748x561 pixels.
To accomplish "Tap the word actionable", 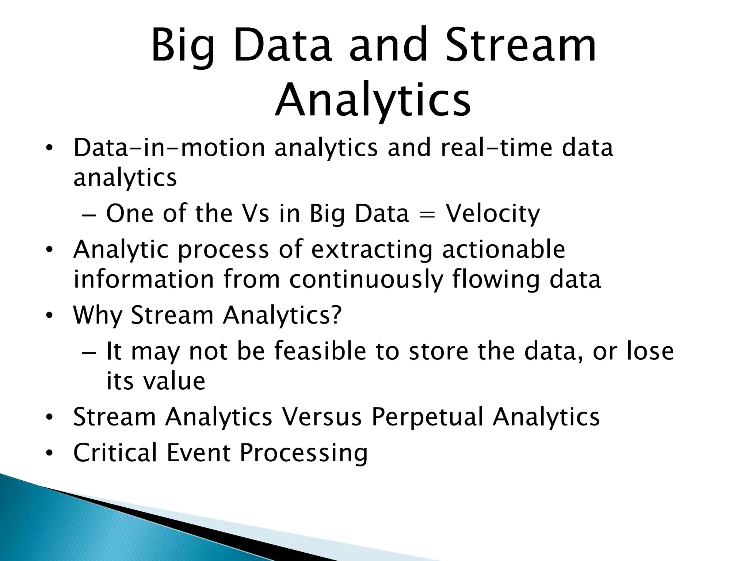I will [504, 249].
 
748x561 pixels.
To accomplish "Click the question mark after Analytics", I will [336, 315].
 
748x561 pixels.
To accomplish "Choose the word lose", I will [650, 351].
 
